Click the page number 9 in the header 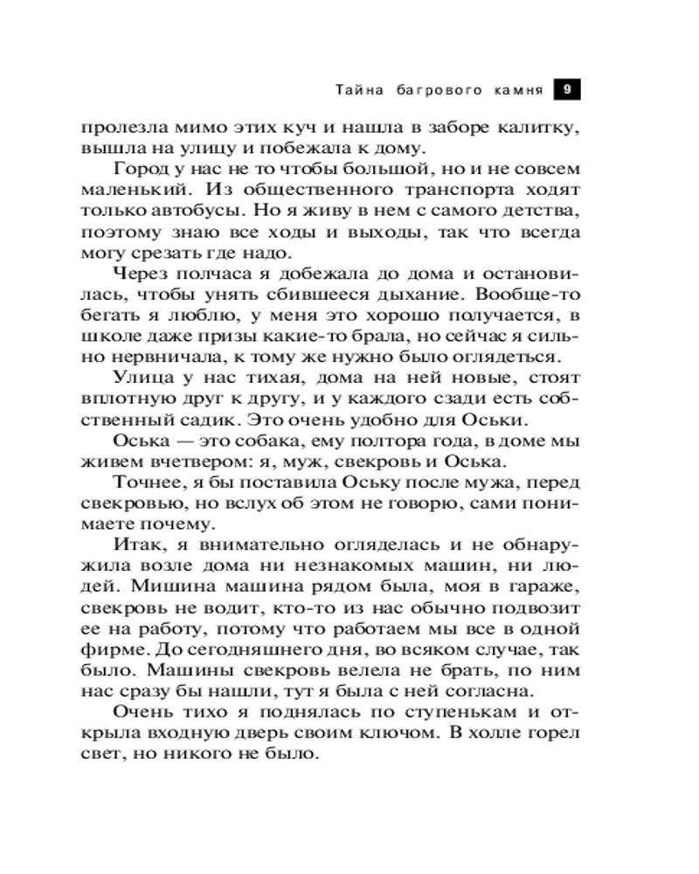[567, 89]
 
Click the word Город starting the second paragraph [141, 169]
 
